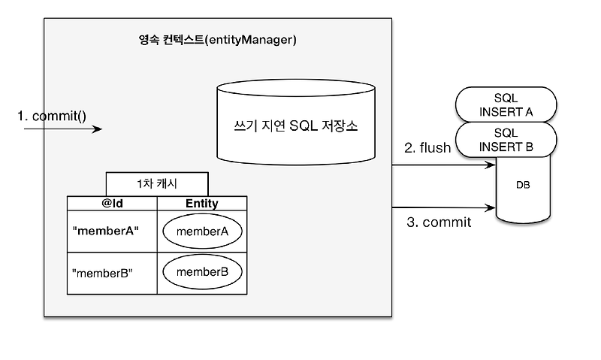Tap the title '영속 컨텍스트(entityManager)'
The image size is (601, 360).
coord(213,40)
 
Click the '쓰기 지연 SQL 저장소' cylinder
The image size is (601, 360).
coord(295,125)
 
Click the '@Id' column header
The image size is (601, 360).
coord(112,203)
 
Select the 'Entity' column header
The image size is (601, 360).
coord(201,203)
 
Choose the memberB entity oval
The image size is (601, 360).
coord(201,271)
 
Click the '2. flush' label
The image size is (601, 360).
coord(427,148)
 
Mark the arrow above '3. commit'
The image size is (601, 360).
coord(444,207)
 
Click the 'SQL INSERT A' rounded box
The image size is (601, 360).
coord(506,105)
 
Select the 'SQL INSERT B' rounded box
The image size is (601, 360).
coord(506,140)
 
